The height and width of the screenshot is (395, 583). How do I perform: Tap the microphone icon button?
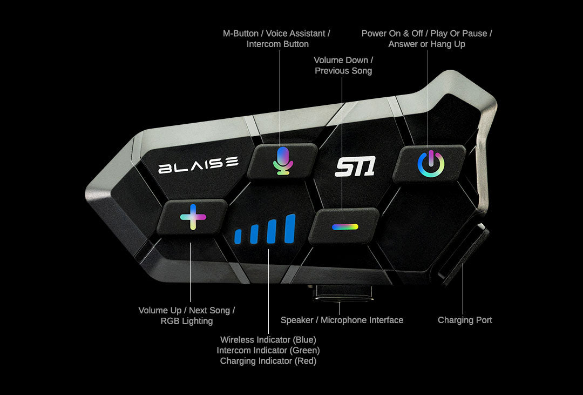tap(283, 160)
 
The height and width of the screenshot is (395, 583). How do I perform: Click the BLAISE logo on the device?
tap(198, 164)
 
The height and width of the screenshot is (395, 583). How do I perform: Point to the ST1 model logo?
tap(355, 167)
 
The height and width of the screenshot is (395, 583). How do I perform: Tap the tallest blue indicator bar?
tap(290, 229)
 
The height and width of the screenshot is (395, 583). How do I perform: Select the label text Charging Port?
tap(465, 320)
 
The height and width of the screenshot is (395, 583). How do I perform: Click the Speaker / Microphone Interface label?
tap(342, 320)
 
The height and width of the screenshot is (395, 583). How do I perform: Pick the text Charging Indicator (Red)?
tap(268, 361)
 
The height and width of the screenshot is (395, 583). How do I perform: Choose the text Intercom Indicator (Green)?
tap(268, 350)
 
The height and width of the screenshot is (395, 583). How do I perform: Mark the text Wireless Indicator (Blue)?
tap(268, 340)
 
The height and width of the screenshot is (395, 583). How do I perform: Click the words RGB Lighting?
tap(187, 321)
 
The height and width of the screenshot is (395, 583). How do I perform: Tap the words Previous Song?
tap(343, 71)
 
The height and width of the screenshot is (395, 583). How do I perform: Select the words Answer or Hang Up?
tap(426, 44)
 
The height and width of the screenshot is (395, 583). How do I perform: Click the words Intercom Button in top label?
tap(277, 44)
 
